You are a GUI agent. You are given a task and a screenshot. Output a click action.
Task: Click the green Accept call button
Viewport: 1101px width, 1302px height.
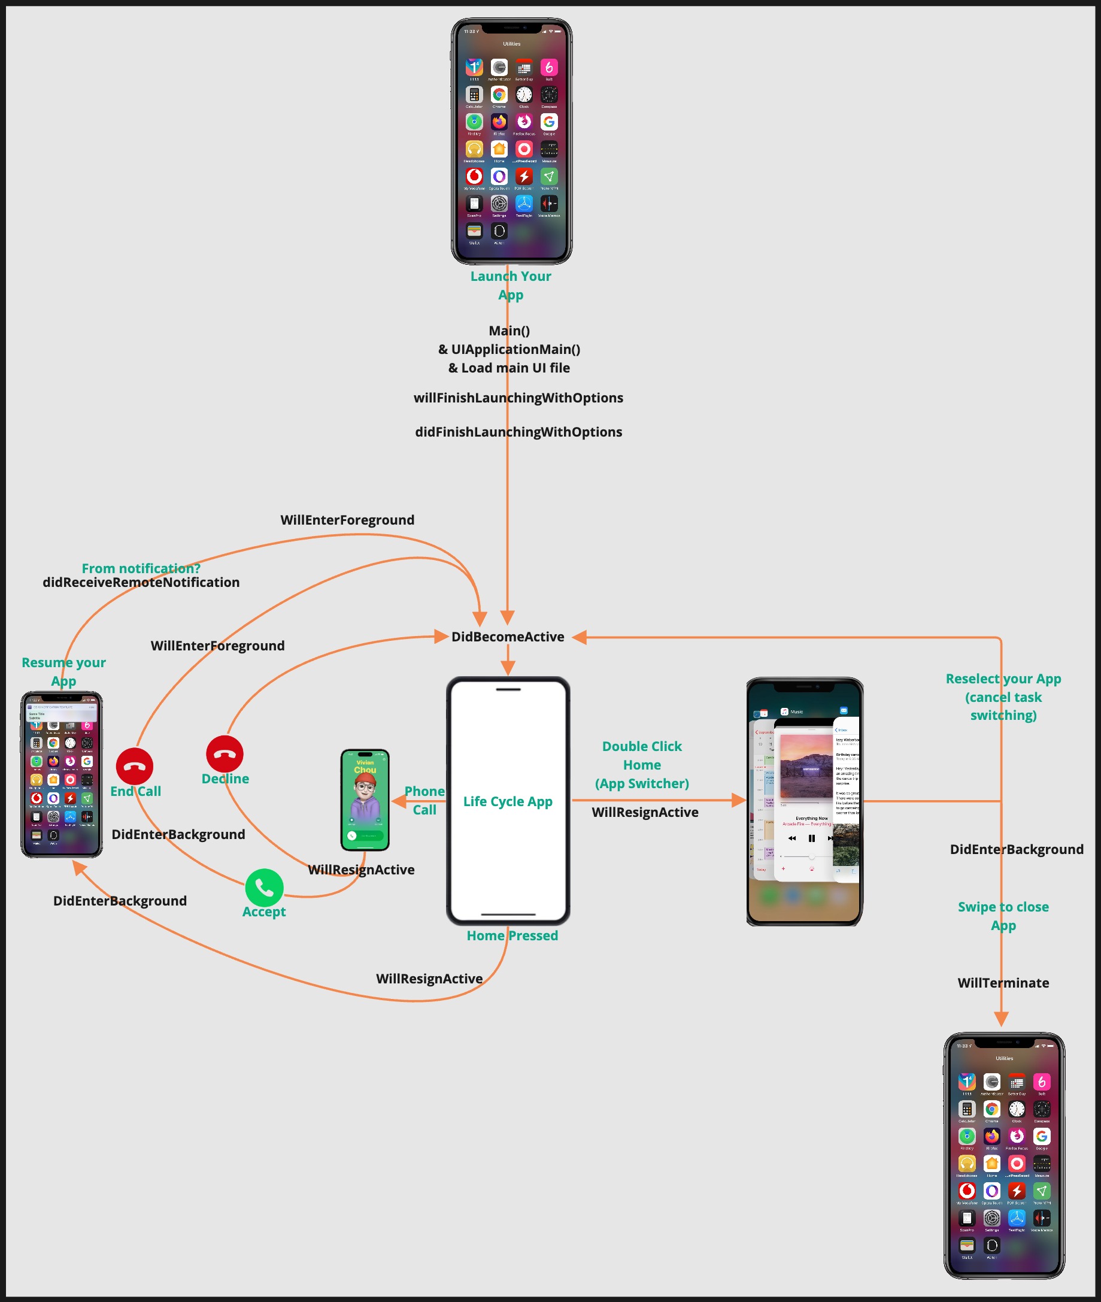coord(264,888)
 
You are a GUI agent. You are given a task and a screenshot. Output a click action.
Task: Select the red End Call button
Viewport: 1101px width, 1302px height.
coord(134,766)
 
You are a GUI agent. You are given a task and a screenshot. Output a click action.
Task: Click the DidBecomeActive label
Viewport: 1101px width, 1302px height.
coord(508,637)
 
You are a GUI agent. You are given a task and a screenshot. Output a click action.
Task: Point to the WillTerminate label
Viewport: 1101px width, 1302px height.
coord(1003,983)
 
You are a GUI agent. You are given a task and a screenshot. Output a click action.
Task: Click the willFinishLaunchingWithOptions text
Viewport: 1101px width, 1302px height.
coord(518,398)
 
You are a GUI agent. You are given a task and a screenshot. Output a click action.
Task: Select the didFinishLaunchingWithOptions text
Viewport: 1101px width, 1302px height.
coord(518,432)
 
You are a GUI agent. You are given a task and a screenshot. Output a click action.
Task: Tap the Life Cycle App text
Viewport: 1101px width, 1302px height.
coord(508,801)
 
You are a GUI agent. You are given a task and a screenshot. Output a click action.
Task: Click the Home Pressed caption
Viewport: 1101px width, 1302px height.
coord(512,935)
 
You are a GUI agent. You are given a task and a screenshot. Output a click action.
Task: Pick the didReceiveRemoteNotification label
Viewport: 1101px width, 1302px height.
coord(141,583)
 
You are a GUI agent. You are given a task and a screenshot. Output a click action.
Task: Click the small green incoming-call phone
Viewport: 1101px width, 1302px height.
coord(365,800)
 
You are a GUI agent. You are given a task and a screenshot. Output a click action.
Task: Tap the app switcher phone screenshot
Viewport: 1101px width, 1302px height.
coord(805,801)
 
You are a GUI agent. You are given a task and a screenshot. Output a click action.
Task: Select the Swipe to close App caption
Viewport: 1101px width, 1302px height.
coord(1003,916)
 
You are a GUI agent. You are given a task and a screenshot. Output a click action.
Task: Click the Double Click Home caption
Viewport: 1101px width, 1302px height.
coord(642,764)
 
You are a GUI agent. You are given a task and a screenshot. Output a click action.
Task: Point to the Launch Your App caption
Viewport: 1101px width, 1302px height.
coord(511,286)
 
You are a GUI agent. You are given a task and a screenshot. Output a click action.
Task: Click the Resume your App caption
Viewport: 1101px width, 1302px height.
coord(63,671)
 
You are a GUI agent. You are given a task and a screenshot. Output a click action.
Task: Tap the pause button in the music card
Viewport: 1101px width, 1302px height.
coord(811,838)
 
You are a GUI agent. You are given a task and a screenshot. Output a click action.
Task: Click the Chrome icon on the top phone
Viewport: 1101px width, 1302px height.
coord(499,95)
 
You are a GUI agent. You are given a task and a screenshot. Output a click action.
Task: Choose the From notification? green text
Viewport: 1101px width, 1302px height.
coord(141,568)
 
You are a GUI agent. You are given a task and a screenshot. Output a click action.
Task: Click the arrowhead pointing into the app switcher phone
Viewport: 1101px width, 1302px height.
coord(739,801)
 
